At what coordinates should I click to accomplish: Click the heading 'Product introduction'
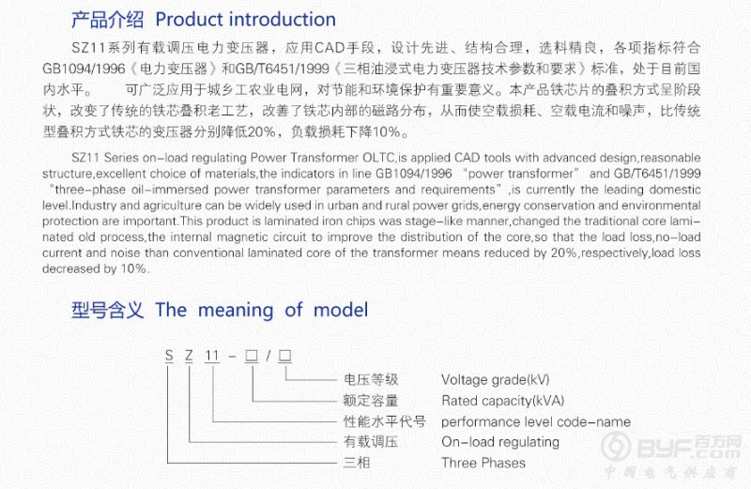tap(246, 20)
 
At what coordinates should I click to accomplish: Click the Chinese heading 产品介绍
tap(107, 20)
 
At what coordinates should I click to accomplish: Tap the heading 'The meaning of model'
tap(262, 310)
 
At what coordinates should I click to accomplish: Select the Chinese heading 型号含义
tap(107, 310)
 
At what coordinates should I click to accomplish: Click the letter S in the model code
tap(169, 356)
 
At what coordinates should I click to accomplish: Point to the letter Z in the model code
tap(190, 356)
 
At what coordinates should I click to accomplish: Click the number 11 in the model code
tap(212, 356)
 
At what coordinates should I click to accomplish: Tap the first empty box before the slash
tap(252, 356)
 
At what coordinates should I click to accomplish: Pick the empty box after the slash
tap(285, 356)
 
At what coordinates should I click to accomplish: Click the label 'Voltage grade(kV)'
tap(496, 380)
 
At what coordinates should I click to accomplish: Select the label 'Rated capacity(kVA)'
tap(503, 401)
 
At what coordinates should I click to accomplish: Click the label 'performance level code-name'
tap(536, 421)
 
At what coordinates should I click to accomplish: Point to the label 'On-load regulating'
tap(500, 442)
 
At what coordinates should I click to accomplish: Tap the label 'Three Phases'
tap(483, 463)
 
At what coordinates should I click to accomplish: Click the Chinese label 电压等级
tap(371, 380)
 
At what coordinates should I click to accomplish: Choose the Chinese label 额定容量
tap(371, 401)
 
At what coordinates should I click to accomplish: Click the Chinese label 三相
tap(357, 463)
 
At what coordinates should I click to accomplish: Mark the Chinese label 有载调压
tap(371, 442)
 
